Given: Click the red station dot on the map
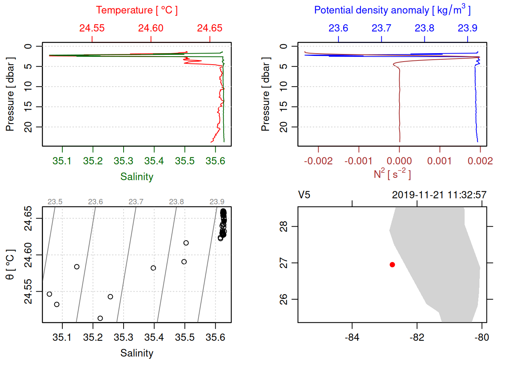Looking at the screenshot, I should [392, 265].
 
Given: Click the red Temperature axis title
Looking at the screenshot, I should [137, 10].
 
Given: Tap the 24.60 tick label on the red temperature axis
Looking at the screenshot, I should [151, 28].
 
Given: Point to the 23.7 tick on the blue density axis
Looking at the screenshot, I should [381, 28].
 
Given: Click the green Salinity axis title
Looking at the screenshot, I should [137, 177].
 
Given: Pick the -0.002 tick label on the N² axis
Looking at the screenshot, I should [318, 161].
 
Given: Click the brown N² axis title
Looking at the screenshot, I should [392, 174].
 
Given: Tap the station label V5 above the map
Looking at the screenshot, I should [304, 195].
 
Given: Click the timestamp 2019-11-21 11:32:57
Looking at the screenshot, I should [439, 195].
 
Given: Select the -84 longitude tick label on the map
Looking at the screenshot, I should [352, 337].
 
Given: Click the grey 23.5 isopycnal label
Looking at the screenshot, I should [55, 202].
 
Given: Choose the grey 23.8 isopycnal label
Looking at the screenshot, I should [176, 202].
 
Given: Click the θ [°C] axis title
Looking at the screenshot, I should [10, 265].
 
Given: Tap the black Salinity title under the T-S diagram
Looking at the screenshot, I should [137, 353].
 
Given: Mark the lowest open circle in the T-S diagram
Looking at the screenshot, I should [100, 318].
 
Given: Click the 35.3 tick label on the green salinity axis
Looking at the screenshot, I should [124, 161].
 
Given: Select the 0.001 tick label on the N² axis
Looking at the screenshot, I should [440, 161].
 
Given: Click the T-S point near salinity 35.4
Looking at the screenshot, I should [153, 268].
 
